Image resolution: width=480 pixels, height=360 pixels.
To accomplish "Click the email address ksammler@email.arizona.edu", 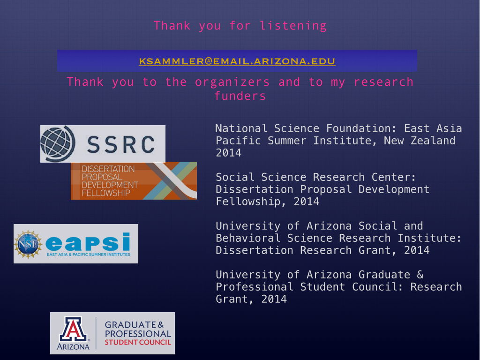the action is [x=237, y=61].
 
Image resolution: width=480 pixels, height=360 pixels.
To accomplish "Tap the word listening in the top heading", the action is [x=293, y=26].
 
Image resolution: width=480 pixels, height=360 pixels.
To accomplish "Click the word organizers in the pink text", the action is [x=232, y=82].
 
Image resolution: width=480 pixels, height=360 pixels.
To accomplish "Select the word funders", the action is [x=240, y=96].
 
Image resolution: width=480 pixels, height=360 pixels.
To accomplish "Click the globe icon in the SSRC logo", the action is [x=58, y=144].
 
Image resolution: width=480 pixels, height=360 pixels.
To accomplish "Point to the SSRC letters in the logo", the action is [x=121, y=144].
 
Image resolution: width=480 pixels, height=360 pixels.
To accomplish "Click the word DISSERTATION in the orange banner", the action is [x=108, y=169].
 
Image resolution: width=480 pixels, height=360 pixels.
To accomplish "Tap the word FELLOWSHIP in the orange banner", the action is [x=106, y=193].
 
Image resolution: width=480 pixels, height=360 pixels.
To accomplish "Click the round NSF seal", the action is [x=28, y=244].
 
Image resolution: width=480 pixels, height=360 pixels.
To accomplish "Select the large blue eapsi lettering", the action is [x=88, y=242].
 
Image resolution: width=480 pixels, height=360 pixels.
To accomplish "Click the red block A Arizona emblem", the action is [x=73, y=329].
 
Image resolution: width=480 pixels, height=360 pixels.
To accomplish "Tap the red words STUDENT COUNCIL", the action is [x=138, y=342].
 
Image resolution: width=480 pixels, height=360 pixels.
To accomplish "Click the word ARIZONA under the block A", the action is [x=73, y=346].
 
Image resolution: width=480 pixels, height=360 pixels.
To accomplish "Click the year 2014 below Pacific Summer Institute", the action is [x=228, y=153].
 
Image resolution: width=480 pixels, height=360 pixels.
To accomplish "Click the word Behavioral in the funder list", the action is [x=248, y=238].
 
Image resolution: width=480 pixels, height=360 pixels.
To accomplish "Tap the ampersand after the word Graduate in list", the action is [x=420, y=275].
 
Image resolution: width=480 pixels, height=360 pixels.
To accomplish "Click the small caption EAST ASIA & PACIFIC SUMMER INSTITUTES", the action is [x=88, y=255].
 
